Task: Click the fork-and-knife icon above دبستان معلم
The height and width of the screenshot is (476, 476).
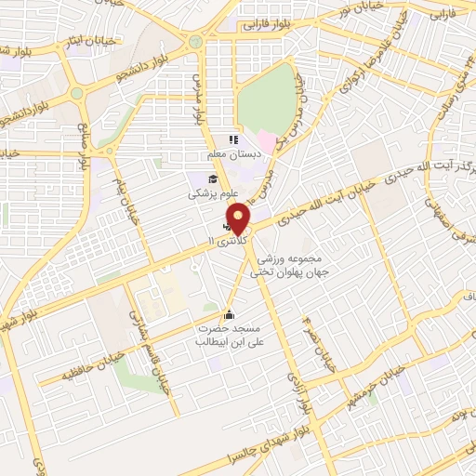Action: point(233,139)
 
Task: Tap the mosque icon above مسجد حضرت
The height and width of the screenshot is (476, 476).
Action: point(229,314)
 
